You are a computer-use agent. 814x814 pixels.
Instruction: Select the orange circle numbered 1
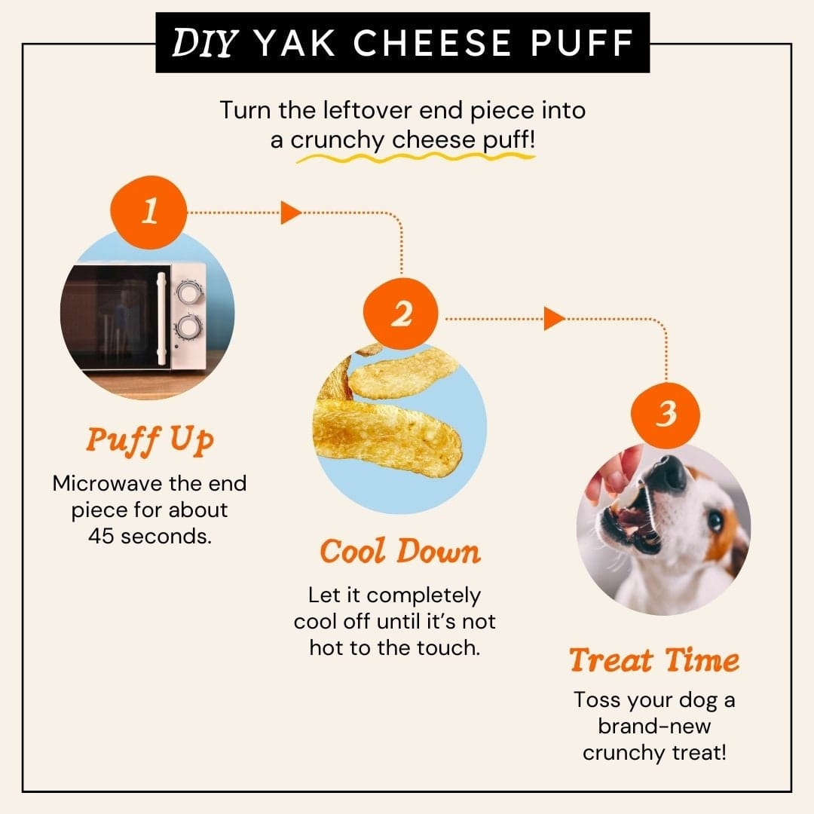click(x=149, y=212)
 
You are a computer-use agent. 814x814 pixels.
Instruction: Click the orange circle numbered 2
click(x=401, y=314)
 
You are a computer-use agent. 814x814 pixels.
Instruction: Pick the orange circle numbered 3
click(x=666, y=415)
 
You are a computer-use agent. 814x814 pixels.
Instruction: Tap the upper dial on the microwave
click(x=188, y=292)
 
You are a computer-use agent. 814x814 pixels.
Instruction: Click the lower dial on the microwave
click(x=188, y=328)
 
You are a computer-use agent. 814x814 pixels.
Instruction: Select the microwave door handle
click(x=161, y=320)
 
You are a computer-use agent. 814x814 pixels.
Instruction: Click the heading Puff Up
click(x=149, y=440)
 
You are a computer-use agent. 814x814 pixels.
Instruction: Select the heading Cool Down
click(x=400, y=551)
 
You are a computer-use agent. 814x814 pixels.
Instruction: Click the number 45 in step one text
click(x=101, y=537)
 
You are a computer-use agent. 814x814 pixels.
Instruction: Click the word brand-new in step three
click(x=654, y=726)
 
